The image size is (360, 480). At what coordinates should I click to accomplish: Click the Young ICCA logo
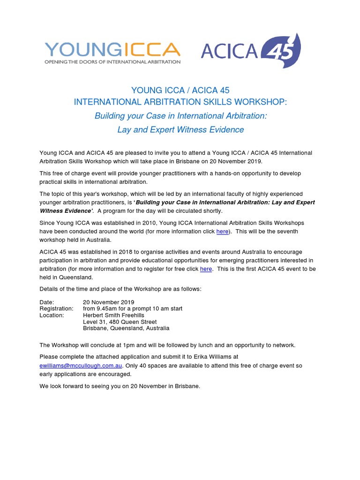(x=112, y=50)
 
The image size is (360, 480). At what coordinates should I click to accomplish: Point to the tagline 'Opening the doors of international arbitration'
(x=112, y=61)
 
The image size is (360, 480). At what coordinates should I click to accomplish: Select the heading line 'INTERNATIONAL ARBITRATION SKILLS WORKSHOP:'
(x=180, y=102)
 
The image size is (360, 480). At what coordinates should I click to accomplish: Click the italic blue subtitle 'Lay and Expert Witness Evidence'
(x=180, y=129)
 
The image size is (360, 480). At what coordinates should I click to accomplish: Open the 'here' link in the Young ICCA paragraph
(x=222, y=232)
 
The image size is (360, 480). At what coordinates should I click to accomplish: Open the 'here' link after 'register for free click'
(x=206, y=269)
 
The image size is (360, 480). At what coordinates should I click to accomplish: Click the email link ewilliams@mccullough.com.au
(x=81, y=365)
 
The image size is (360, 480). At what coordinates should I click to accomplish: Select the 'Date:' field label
(x=47, y=302)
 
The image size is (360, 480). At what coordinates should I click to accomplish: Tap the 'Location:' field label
(x=52, y=315)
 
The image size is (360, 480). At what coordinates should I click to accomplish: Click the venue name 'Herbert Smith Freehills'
(x=114, y=315)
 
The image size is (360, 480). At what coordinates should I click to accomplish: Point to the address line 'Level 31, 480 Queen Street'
(x=120, y=322)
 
